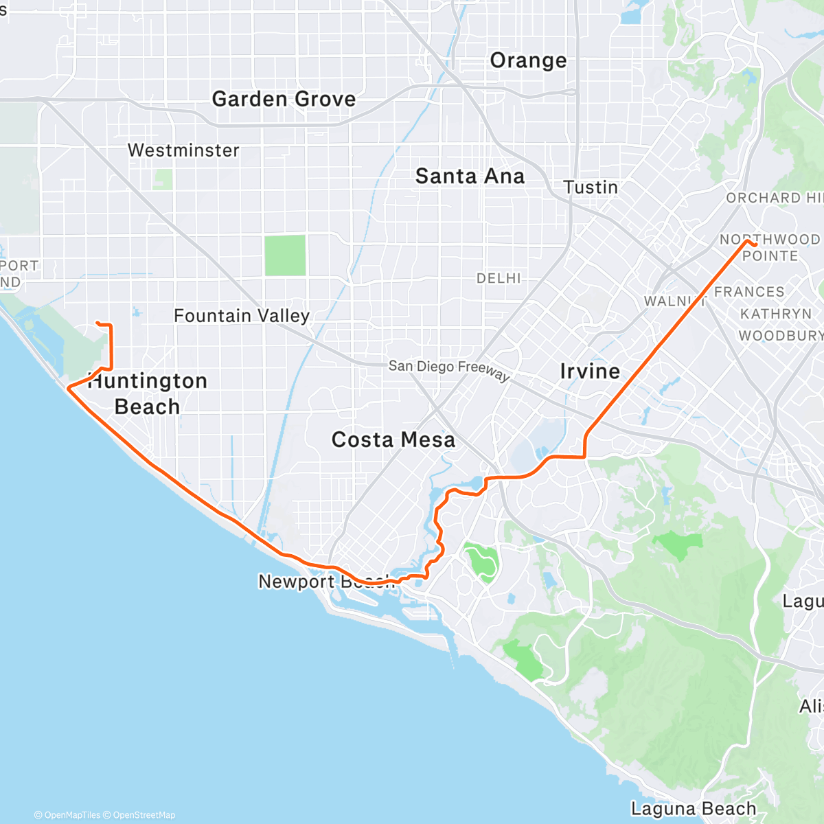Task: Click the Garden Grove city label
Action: (x=284, y=100)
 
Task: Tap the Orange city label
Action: (x=528, y=61)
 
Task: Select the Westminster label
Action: (x=183, y=150)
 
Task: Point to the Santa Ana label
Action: (x=470, y=176)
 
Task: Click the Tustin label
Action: (x=591, y=187)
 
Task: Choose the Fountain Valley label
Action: (x=242, y=316)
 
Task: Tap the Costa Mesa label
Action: (x=393, y=439)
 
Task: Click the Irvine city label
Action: (x=590, y=371)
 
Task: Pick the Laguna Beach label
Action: (x=694, y=809)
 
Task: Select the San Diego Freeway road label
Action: (x=449, y=369)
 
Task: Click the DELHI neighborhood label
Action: (x=499, y=278)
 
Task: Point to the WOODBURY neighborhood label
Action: (x=780, y=336)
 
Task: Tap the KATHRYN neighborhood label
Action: (x=776, y=314)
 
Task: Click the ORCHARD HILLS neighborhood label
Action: (x=774, y=198)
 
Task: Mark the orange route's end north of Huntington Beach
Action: (x=97, y=323)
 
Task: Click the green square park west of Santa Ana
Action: (x=285, y=255)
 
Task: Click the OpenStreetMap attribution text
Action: (x=144, y=815)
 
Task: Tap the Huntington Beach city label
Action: (x=148, y=393)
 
